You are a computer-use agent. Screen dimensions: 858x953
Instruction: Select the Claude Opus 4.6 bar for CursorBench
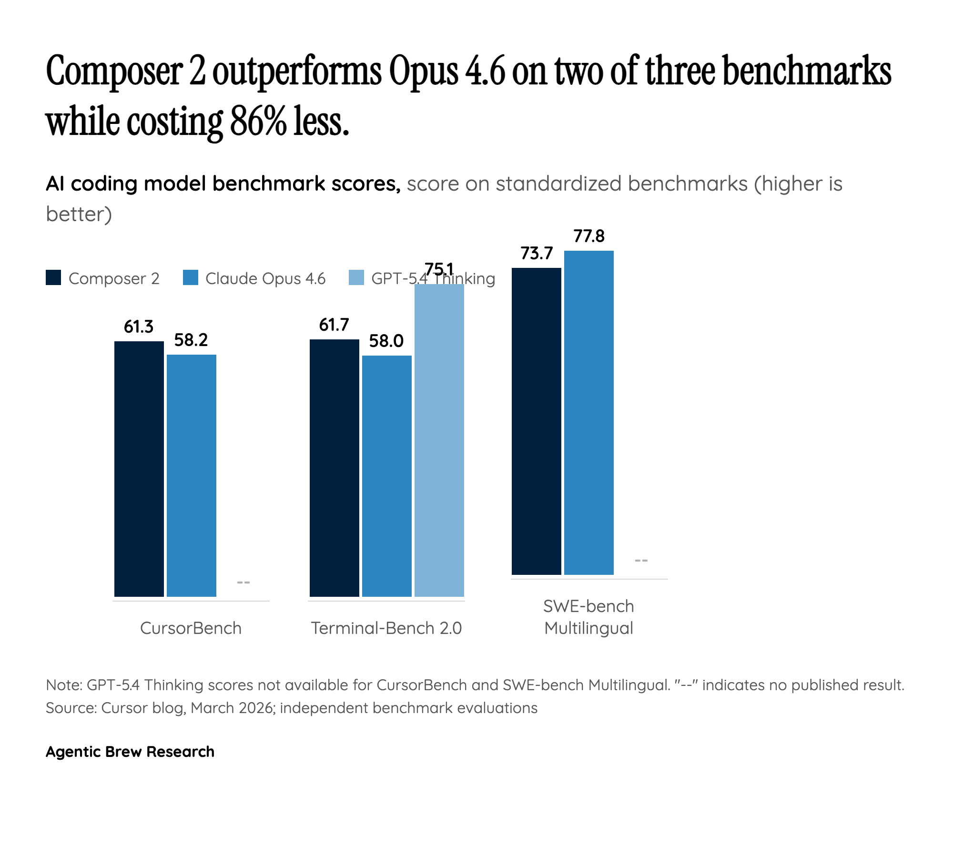[191, 475]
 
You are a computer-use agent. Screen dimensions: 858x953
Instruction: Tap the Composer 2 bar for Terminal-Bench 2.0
[334, 468]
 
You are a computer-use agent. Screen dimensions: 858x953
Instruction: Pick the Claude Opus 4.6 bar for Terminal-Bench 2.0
[386, 476]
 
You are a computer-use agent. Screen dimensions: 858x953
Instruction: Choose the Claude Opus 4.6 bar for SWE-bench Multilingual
[588, 412]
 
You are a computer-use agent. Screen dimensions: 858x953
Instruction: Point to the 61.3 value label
[139, 327]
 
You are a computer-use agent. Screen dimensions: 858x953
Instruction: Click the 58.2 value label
[191, 340]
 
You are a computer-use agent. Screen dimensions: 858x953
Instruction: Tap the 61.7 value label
[334, 325]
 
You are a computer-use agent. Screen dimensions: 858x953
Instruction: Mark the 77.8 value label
[589, 236]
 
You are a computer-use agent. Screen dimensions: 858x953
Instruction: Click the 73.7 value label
[537, 253]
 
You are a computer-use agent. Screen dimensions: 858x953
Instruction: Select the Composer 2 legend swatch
[53, 278]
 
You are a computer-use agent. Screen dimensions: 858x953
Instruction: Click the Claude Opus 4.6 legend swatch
[190, 278]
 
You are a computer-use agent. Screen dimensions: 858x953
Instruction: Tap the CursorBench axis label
[191, 628]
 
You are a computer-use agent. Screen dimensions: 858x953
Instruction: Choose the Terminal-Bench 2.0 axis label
[386, 628]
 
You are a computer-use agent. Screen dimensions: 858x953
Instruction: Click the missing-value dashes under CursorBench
[243, 582]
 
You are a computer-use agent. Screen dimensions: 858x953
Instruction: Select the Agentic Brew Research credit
[130, 752]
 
